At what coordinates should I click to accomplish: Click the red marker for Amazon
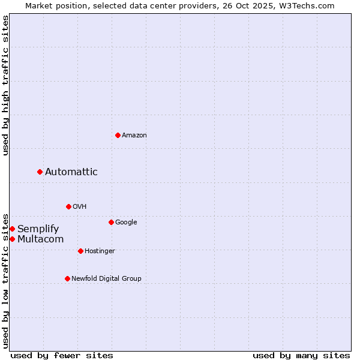tap(118, 135)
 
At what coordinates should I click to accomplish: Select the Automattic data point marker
tap(40, 172)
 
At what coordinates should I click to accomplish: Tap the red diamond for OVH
tap(68, 206)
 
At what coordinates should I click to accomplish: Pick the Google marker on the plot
tap(111, 222)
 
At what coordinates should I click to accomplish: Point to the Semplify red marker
tap(12, 229)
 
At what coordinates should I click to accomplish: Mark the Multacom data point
tap(12, 239)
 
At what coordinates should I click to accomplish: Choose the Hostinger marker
tap(80, 251)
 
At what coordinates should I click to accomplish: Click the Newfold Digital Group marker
tap(67, 278)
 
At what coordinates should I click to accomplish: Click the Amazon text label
tap(134, 136)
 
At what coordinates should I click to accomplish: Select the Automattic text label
tap(71, 172)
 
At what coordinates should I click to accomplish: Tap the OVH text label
tap(80, 207)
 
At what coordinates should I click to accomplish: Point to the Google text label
tap(126, 223)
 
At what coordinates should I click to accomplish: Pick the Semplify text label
tap(38, 229)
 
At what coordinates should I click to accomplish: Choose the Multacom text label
tap(41, 239)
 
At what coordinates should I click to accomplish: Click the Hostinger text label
tap(100, 251)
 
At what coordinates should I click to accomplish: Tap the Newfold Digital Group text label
tap(106, 279)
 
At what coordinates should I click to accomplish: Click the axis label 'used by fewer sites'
tap(62, 355)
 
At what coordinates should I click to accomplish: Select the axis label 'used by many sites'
tap(301, 355)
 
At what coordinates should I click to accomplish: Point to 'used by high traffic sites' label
tap(5, 85)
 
